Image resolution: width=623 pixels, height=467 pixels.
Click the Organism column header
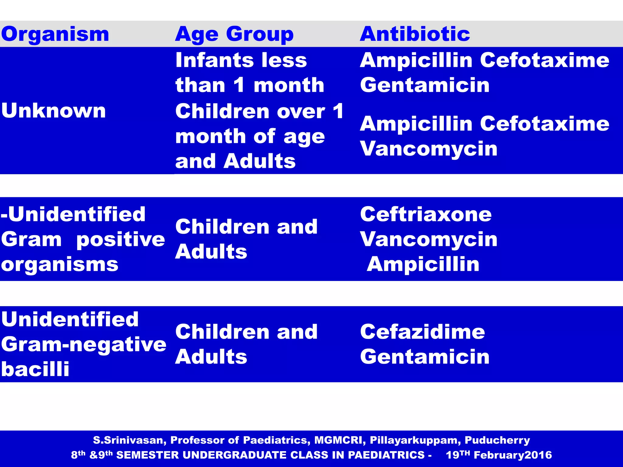(x=55, y=34)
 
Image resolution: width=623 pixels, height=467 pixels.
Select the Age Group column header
(x=234, y=34)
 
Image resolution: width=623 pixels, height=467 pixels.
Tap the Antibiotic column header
(x=415, y=34)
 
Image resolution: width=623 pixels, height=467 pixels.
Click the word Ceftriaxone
(x=426, y=214)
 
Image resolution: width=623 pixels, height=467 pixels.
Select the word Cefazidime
(x=423, y=332)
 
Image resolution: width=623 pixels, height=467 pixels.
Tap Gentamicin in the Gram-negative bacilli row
(x=425, y=357)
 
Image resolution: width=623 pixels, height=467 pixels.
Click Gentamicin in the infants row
(x=425, y=85)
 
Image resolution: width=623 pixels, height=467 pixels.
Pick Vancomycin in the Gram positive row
(x=429, y=239)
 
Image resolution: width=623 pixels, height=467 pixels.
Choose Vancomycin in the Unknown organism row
(x=429, y=149)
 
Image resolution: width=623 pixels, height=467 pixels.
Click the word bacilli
(x=35, y=369)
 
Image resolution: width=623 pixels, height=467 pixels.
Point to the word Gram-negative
(x=84, y=344)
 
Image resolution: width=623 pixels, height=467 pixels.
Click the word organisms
(x=60, y=265)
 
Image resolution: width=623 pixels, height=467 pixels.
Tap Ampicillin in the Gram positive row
(x=423, y=264)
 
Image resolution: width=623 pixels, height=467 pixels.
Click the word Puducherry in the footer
(x=497, y=440)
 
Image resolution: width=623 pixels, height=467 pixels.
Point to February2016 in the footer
(x=513, y=455)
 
